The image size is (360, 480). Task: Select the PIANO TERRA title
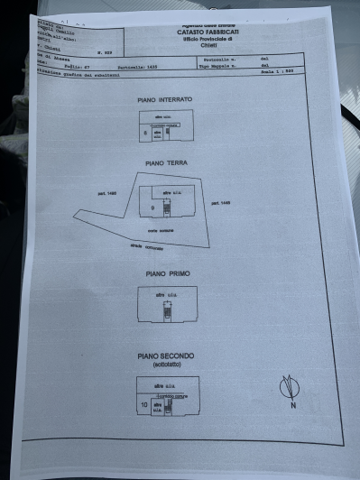[x=165, y=165]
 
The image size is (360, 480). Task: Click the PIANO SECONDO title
[x=166, y=356]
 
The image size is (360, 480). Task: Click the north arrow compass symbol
[x=289, y=387]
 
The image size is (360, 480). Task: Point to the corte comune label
[x=160, y=230]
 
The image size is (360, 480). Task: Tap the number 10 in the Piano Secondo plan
[x=143, y=405]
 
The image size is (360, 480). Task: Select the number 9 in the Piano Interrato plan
[x=145, y=133]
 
